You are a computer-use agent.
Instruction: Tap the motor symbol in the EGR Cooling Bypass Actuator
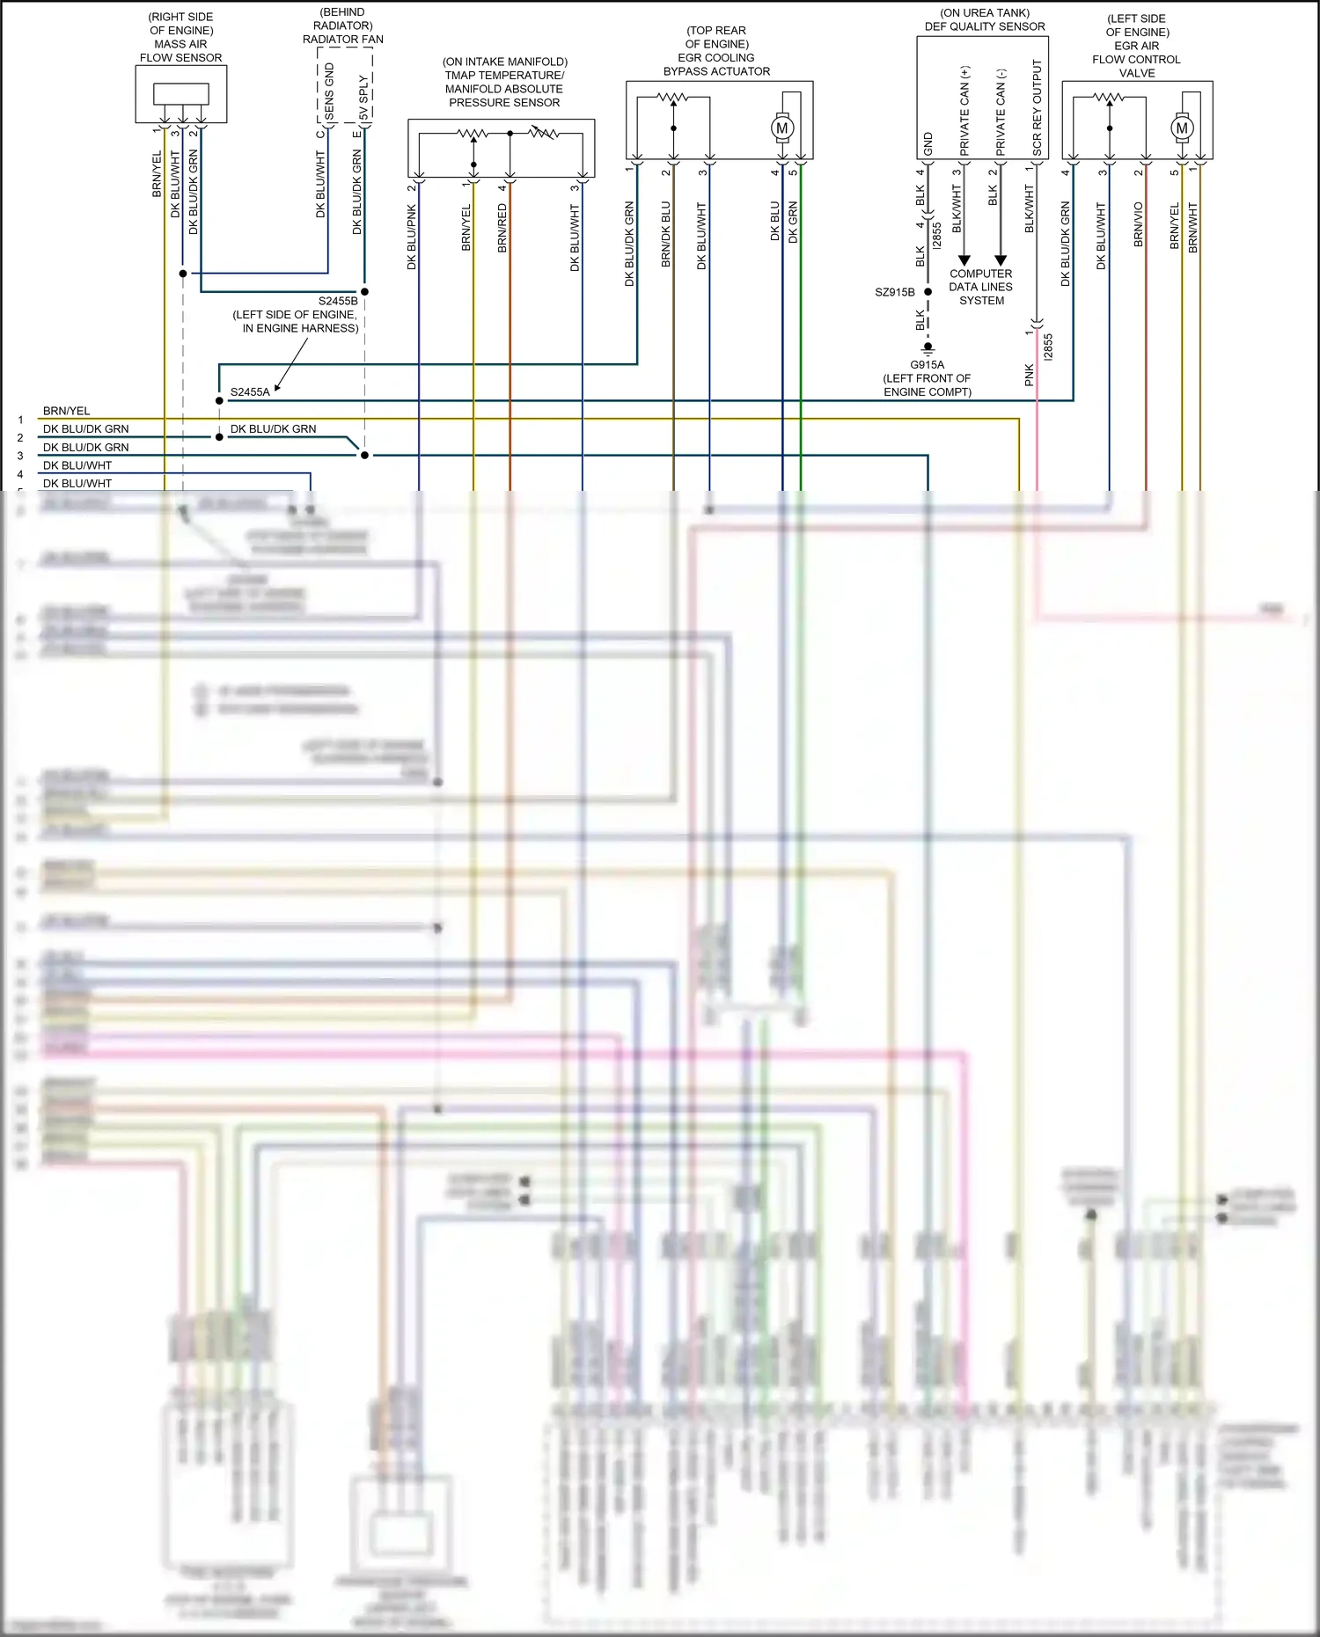[781, 128]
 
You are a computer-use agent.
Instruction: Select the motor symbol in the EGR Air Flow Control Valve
[1182, 128]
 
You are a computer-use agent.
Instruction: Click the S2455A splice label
[250, 392]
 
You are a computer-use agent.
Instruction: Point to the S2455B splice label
[338, 301]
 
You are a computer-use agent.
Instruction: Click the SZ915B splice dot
[928, 292]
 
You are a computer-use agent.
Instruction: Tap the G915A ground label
[928, 365]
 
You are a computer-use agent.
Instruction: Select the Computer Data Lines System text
[981, 287]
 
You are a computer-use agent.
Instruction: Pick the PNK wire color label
[1030, 376]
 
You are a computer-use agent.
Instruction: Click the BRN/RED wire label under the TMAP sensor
[502, 228]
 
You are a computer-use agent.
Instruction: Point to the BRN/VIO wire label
[1138, 224]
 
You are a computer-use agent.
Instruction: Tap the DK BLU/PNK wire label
[411, 237]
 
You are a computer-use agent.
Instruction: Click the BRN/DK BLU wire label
[666, 234]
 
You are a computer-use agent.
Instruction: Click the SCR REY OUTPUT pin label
[1037, 107]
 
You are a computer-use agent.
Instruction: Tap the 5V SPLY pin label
[363, 98]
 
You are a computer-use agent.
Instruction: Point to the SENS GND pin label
[329, 91]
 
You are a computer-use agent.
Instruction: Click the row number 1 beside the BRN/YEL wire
[20, 420]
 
